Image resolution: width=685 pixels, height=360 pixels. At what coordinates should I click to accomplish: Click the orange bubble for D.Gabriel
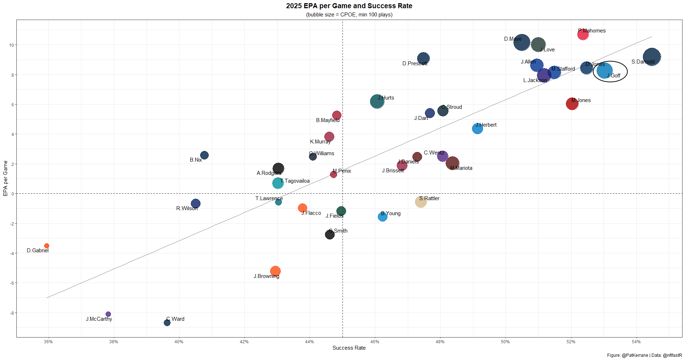(47, 246)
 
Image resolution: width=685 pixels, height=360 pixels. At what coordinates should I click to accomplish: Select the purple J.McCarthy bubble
(108, 314)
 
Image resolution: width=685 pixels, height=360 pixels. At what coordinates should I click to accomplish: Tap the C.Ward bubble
(167, 323)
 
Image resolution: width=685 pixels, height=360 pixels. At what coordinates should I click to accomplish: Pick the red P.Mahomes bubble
(583, 35)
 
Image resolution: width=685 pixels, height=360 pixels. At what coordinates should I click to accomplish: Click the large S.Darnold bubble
(651, 57)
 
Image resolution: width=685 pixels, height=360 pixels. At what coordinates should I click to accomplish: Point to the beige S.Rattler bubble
(421, 202)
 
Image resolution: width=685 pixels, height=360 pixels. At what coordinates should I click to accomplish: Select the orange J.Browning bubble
(275, 271)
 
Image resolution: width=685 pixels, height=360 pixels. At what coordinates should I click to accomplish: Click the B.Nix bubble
(204, 155)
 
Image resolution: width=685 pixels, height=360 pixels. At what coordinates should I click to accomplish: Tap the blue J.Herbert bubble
(477, 128)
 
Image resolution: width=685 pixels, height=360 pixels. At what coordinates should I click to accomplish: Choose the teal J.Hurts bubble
(377, 102)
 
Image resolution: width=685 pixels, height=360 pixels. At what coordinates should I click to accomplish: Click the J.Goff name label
(614, 76)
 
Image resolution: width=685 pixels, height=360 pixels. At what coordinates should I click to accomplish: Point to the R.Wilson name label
(187, 208)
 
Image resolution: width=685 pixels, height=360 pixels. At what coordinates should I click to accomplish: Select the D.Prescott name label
(415, 64)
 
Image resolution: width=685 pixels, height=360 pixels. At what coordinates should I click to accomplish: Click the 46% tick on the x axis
(375, 342)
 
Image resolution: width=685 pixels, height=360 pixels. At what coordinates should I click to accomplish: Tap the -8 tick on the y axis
(12, 313)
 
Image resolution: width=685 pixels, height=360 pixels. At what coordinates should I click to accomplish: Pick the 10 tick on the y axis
(12, 45)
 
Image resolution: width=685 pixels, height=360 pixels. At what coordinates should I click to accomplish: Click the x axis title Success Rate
(349, 348)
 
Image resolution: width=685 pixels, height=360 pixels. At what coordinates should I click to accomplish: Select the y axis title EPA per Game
(5, 178)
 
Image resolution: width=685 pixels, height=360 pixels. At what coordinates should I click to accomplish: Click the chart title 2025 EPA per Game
(349, 6)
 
